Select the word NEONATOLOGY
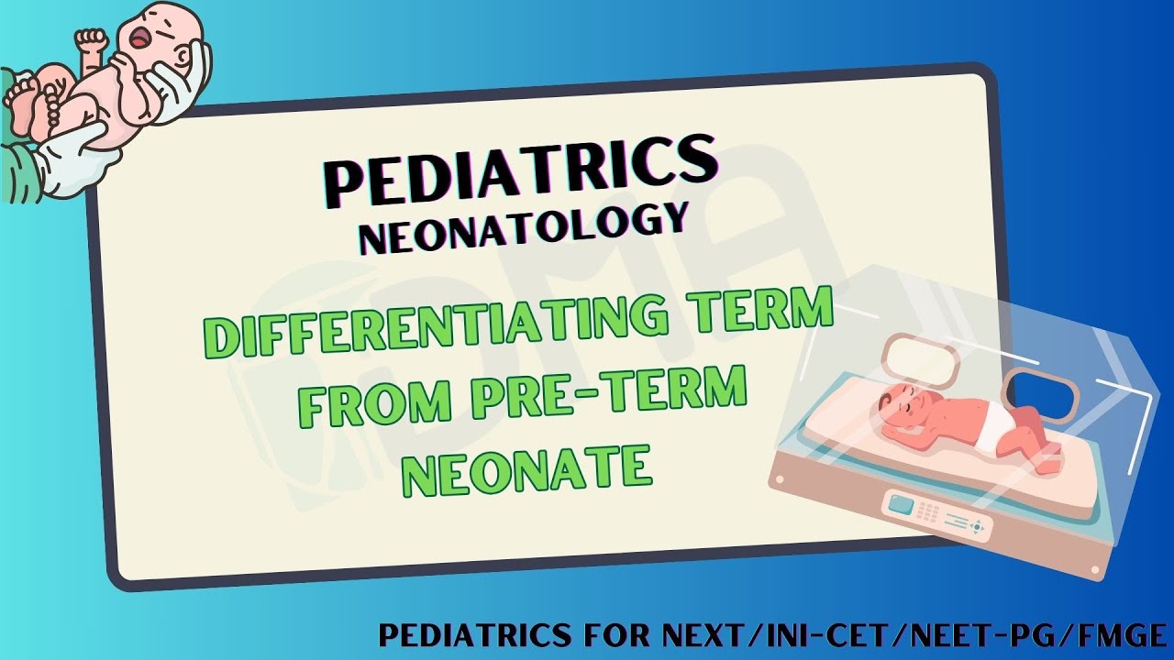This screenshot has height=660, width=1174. tap(523, 230)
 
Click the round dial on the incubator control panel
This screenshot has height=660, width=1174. tap(980, 527)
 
